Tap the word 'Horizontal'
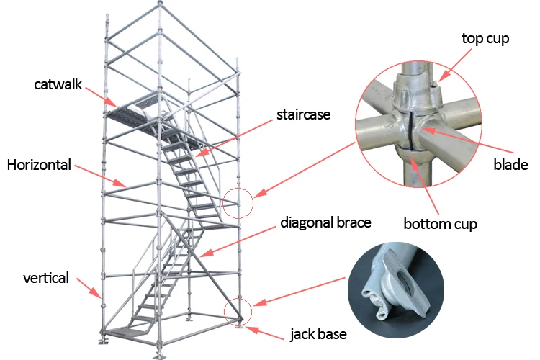pos(39,165)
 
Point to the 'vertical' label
pos(46,278)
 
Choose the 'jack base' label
pos(318,334)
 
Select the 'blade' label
pos(510,165)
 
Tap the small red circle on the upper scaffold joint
pos(239,203)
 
